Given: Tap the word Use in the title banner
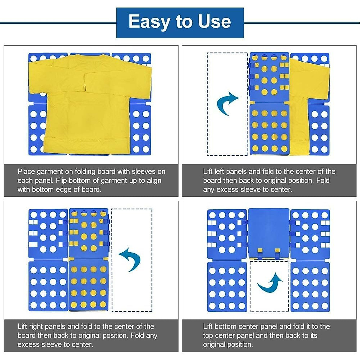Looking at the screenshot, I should click(214, 22).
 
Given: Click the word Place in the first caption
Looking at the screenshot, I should click(26, 172).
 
